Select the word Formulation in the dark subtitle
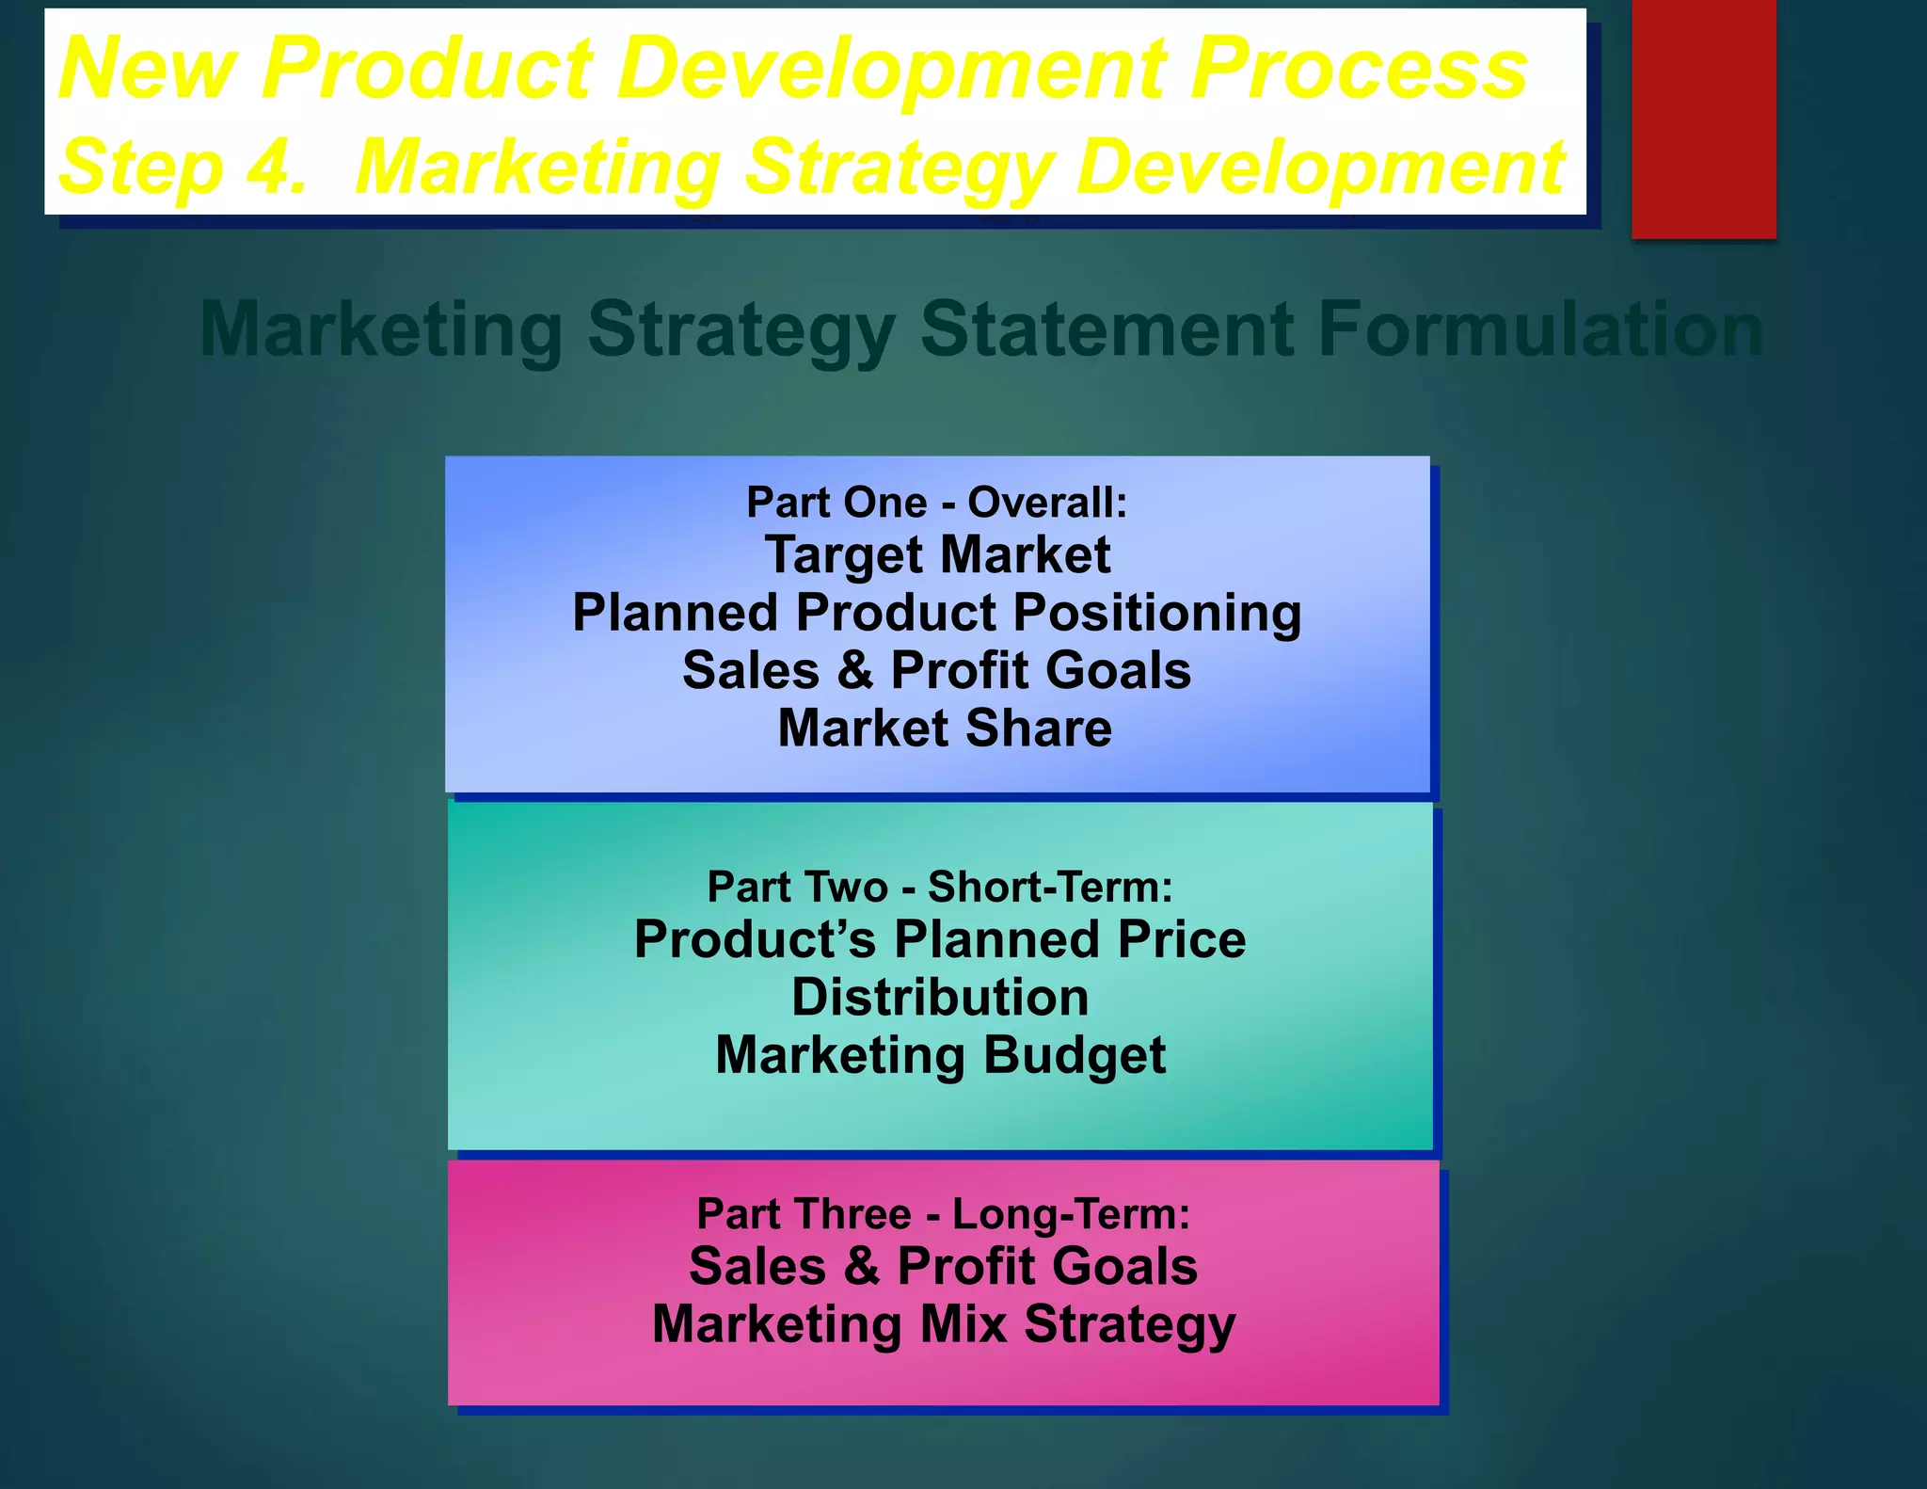pos(1539,329)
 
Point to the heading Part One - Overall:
pos(936,503)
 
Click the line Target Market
pos(937,554)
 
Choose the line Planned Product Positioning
pos(937,613)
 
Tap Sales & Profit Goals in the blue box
pos(937,670)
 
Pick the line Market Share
pos(945,728)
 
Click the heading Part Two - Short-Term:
pos(940,887)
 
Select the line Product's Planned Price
pos(940,939)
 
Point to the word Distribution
pos(940,997)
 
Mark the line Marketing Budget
pos(940,1055)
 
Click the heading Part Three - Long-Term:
pos(943,1213)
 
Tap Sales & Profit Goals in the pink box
pos(943,1266)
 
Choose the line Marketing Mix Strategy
pos(943,1324)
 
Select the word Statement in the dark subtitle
pos(1107,329)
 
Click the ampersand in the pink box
pos(861,1266)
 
